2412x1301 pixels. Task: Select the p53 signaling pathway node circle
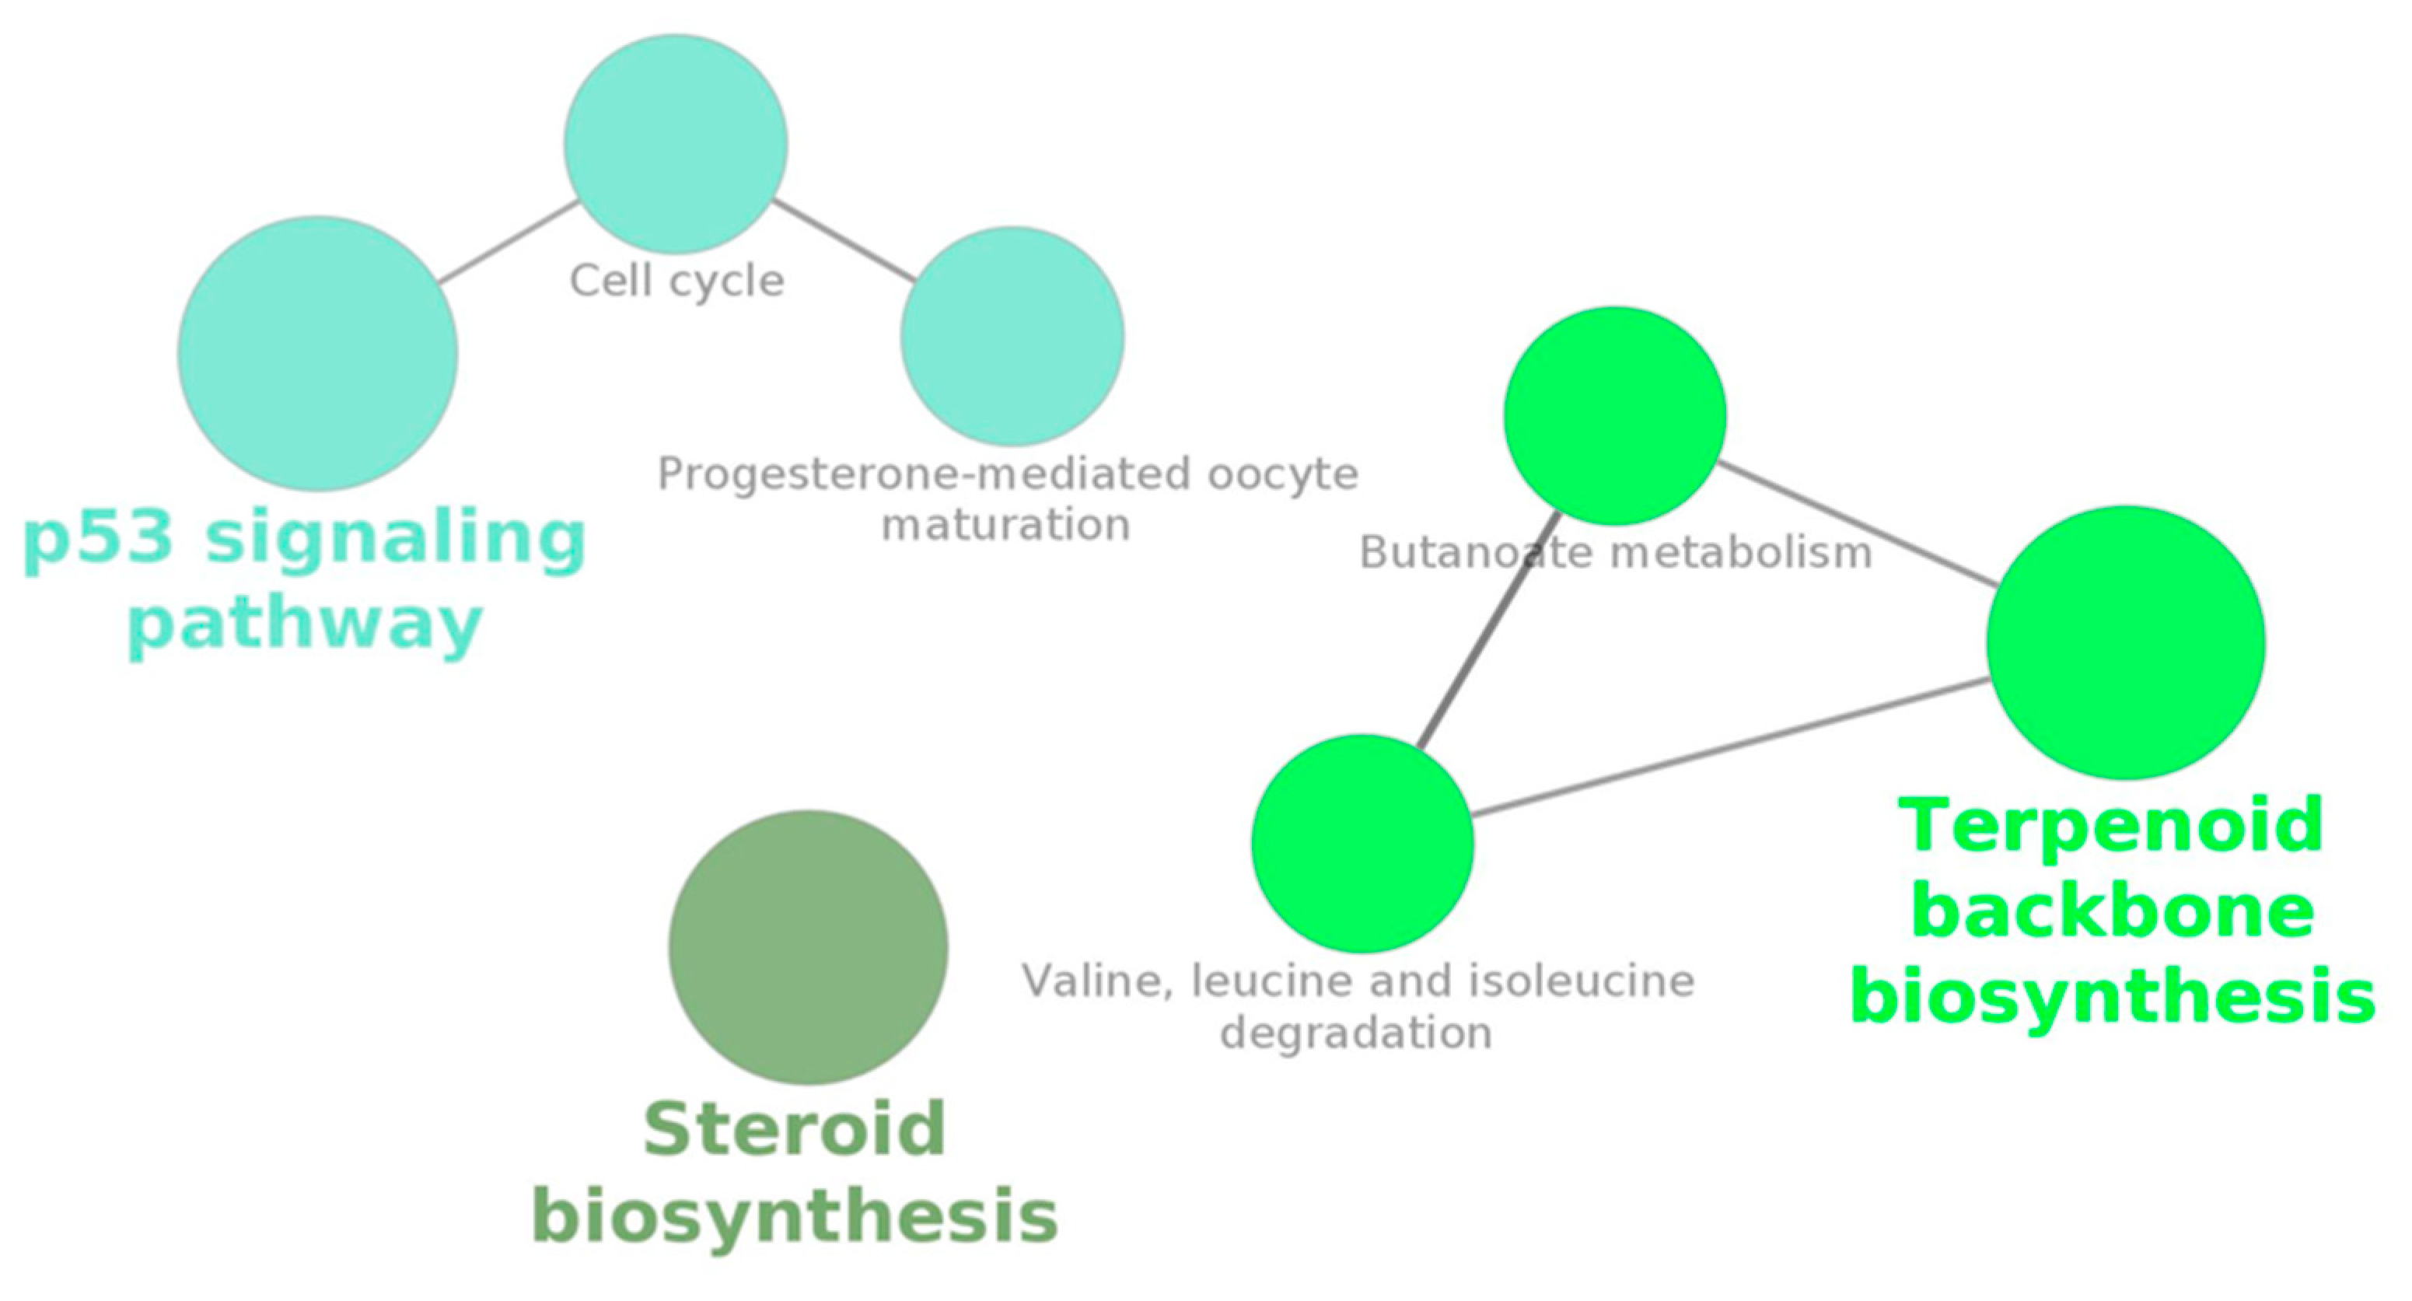click(317, 353)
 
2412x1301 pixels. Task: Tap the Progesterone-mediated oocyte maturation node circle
click(1012, 335)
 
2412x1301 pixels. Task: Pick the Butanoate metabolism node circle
click(1615, 415)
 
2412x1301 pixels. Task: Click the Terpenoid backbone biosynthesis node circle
click(2126, 642)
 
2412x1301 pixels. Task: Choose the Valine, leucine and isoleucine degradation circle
click(1362, 843)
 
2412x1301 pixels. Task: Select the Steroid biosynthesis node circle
click(808, 947)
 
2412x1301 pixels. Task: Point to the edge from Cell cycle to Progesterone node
click(843, 240)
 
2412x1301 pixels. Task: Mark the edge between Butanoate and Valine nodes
click(1489, 629)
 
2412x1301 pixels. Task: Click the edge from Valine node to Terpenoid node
click(1732, 747)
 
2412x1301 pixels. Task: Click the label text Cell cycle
click(676, 281)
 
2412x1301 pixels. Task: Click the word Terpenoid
click(2111, 825)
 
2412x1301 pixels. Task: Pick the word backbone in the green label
click(2113, 911)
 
